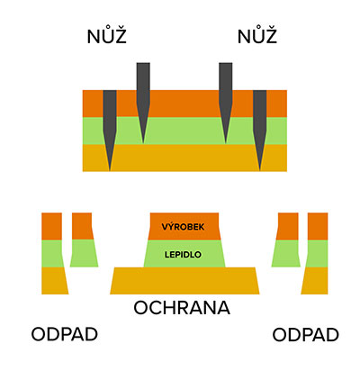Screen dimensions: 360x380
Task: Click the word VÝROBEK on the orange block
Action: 183,227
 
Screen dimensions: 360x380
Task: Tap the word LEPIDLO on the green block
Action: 183,255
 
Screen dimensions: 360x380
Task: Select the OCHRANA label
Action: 182,308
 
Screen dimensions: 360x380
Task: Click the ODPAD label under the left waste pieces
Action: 65,334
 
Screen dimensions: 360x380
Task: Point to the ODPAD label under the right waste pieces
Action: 305,335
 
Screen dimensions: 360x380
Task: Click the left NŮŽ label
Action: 106,36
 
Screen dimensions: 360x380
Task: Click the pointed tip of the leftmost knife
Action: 110,171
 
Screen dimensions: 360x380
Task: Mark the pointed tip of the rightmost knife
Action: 260,171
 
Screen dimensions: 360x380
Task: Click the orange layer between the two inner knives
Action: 184,104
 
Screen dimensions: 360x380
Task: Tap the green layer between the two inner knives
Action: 184,131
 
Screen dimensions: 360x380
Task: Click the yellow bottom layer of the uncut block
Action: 184,158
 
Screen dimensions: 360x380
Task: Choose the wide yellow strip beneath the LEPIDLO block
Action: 184,281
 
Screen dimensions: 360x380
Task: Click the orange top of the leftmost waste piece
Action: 51,226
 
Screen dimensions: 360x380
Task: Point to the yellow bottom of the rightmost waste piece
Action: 316,281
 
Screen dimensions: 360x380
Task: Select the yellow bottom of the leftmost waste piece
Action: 54,281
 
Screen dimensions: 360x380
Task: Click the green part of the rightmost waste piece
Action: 318,254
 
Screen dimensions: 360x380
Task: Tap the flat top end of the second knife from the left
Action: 143,63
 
